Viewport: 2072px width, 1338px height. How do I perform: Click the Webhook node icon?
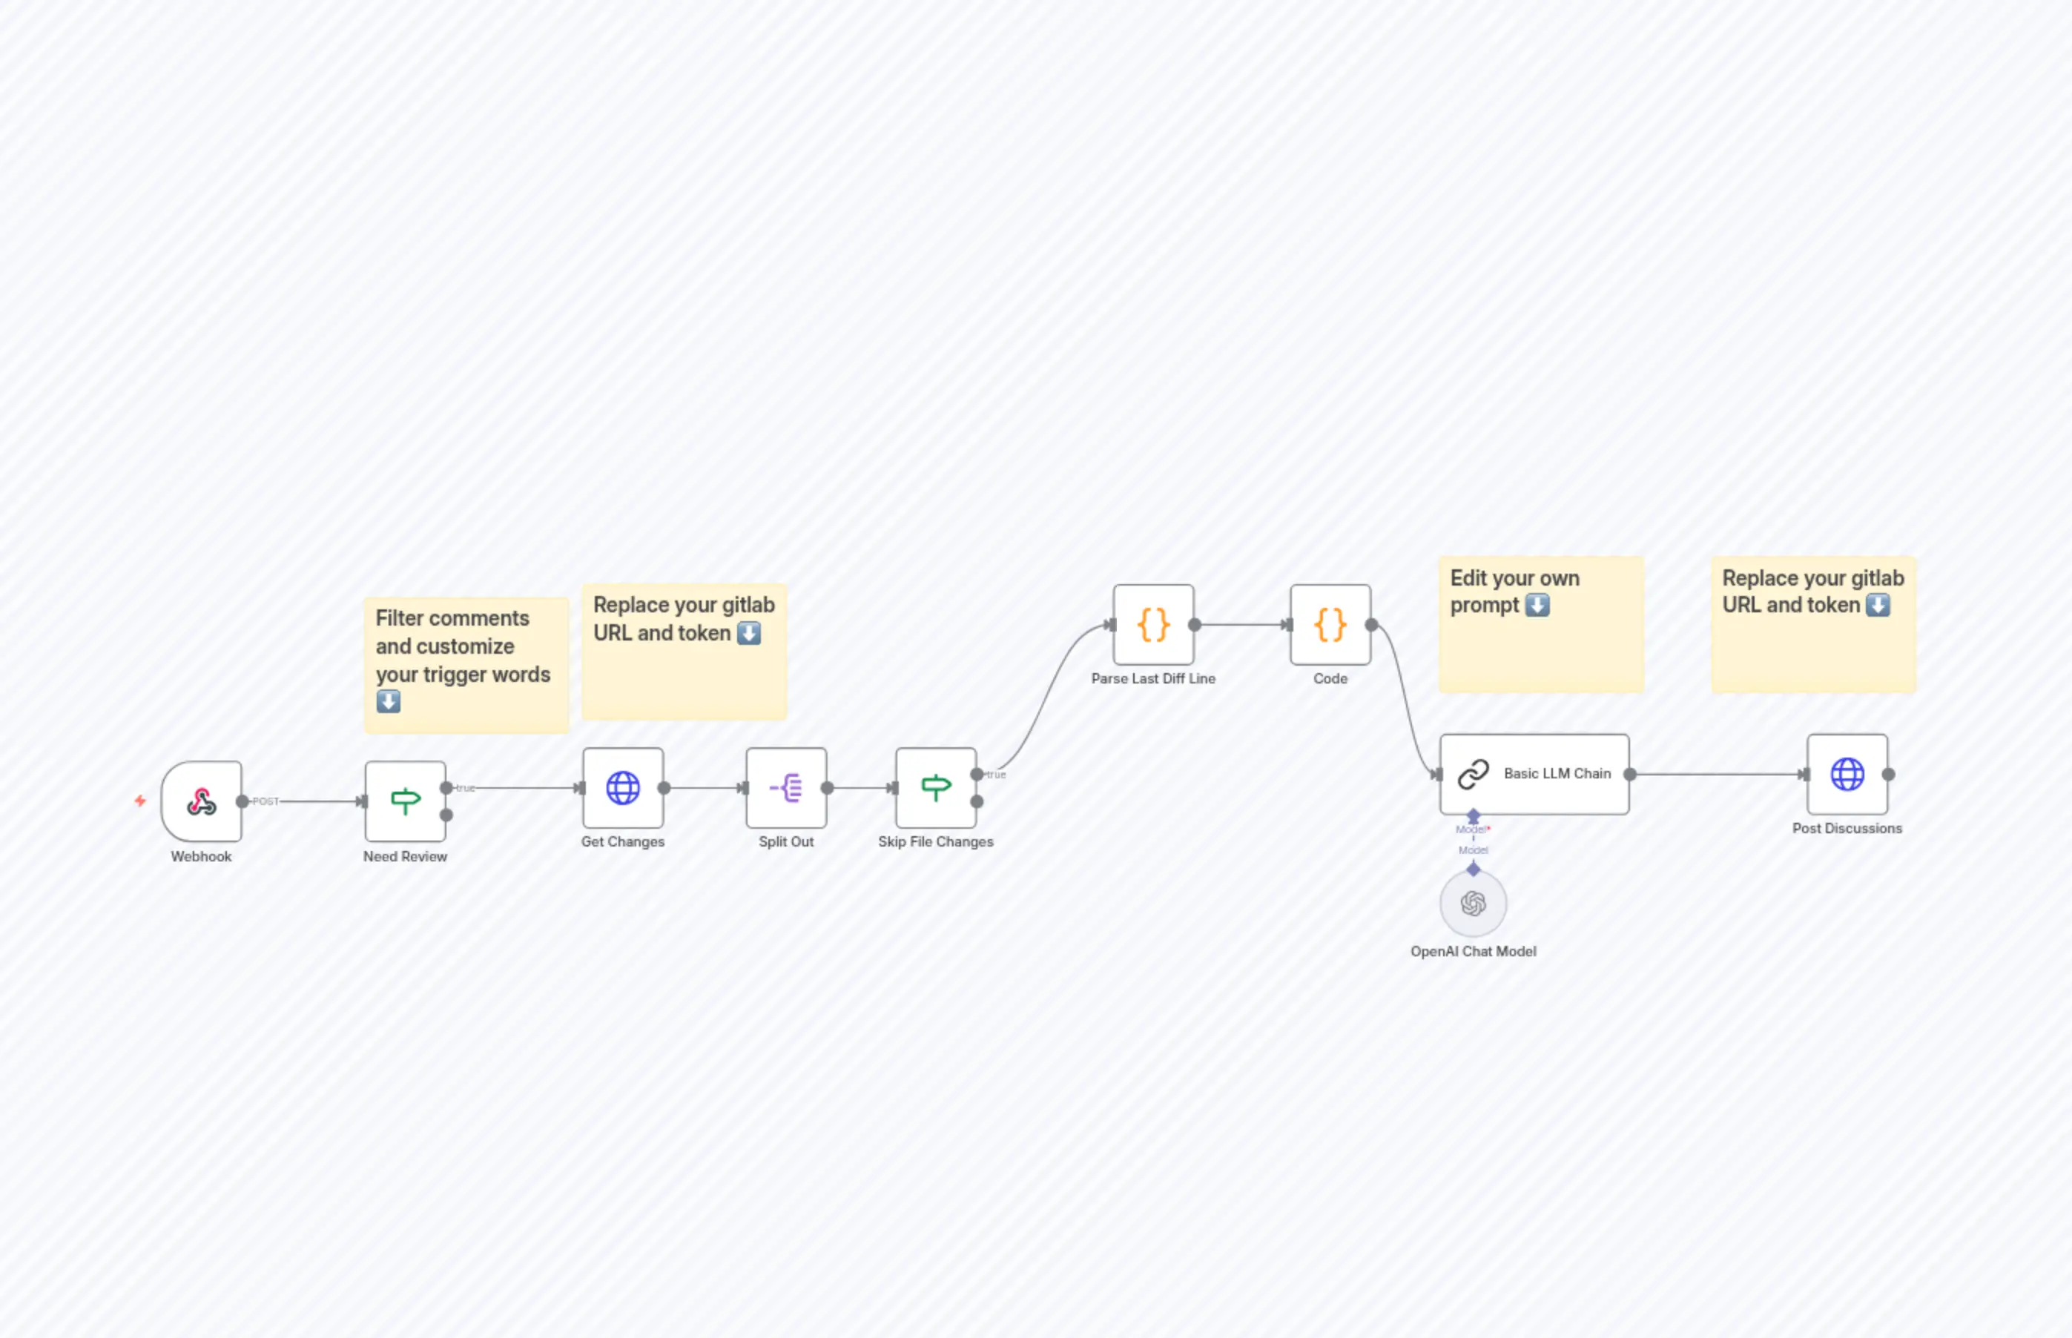click(x=202, y=801)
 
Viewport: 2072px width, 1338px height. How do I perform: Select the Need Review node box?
click(x=405, y=801)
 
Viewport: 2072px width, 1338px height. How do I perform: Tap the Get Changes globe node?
click(x=622, y=788)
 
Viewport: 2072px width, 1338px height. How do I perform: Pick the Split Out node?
click(x=785, y=788)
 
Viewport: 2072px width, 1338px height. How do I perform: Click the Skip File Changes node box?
click(x=935, y=788)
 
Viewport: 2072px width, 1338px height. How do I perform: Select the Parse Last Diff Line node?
click(x=1153, y=625)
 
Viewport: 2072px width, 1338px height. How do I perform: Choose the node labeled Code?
click(x=1330, y=625)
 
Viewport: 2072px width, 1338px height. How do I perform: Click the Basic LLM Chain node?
click(x=1534, y=774)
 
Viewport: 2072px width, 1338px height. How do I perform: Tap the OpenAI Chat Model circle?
click(x=1474, y=904)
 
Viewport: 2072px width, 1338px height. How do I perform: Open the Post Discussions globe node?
click(x=1847, y=774)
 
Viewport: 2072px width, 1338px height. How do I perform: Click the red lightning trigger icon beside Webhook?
click(x=140, y=800)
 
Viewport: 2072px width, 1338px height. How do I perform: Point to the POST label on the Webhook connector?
click(x=266, y=801)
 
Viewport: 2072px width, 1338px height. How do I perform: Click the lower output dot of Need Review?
click(x=446, y=815)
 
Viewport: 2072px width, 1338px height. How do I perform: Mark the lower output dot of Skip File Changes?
click(x=977, y=802)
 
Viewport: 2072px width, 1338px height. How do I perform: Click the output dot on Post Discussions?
click(x=1889, y=774)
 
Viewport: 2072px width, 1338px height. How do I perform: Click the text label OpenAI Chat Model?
click(x=1474, y=951)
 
